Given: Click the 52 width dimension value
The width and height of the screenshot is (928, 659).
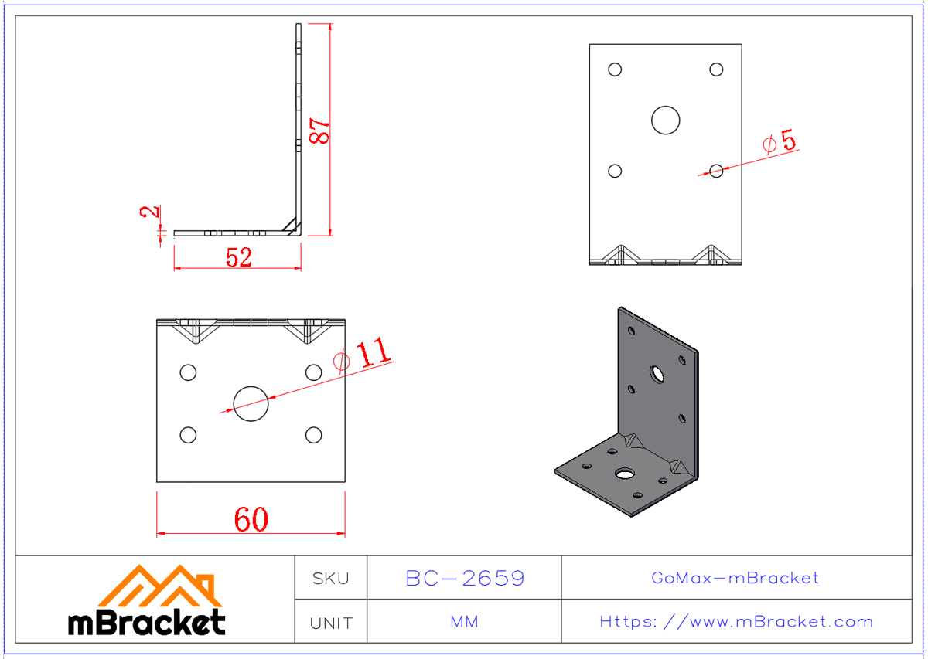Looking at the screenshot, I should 239,257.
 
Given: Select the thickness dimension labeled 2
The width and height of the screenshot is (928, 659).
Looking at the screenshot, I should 152,210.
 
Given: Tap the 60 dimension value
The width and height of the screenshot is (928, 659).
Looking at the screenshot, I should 251,520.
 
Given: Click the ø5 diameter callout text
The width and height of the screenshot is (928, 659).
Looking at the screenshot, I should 779,142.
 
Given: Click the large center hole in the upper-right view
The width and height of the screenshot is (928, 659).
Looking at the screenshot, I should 665,121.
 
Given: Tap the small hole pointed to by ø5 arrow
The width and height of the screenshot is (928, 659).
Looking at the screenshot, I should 716,171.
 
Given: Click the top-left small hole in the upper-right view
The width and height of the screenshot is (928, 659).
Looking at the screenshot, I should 615,70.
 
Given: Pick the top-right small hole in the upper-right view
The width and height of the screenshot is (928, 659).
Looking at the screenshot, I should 716,70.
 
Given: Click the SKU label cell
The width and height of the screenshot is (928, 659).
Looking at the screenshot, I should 330,578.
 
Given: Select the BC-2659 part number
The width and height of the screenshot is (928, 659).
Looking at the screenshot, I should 465,578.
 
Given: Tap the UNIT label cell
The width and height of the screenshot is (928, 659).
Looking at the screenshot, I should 330,622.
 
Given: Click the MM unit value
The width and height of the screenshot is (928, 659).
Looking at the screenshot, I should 464,622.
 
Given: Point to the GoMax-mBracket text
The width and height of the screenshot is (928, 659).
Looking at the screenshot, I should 735,578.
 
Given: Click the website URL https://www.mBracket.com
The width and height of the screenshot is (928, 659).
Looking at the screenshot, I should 736,622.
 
